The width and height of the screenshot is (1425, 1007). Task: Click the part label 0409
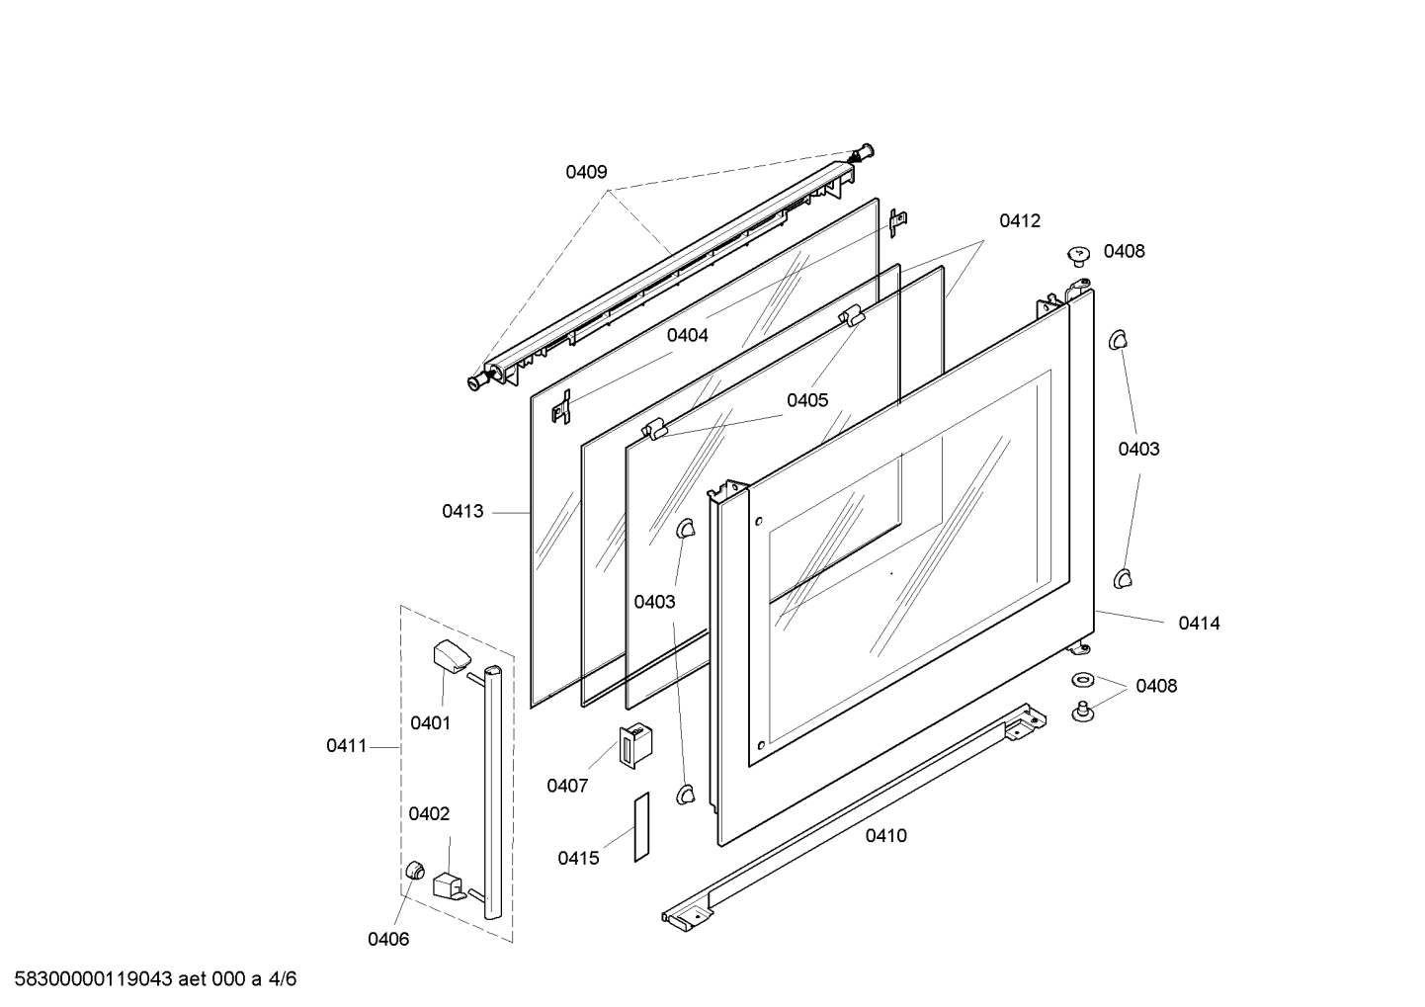click(x=586, y=172)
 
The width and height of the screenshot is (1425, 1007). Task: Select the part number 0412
click(x=1019, y=220)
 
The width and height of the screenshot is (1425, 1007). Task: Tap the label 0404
click(x=687, y=335)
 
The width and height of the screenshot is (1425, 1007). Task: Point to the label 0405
click(x=807, y=400)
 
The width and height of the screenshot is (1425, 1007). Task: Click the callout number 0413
click(x=462, y=511)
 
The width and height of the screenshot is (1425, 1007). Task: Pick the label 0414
click(x=1199, y=623)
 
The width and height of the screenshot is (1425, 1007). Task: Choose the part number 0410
click(x=885, y=835)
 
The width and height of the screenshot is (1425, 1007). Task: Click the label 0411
click(x=347, y=745)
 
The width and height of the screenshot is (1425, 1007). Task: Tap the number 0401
click(x=430, y=722)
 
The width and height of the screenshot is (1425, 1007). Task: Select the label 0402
click(x=429, y=813)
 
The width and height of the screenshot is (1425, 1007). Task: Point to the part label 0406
click(x=388, y=939)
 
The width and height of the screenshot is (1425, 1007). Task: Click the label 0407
click(x=567, y=786)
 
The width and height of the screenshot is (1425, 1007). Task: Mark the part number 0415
click(x=578, y=858)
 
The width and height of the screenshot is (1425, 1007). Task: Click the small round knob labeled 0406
click(x=415, y=870)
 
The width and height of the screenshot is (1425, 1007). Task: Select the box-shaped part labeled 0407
click(x=635, y=745)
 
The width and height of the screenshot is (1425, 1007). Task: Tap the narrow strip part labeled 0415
click(x=641, y=827)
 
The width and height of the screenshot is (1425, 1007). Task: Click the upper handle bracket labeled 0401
click(x=451, y=654)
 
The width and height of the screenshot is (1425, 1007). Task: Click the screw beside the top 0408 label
click(x=1078, y=256)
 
